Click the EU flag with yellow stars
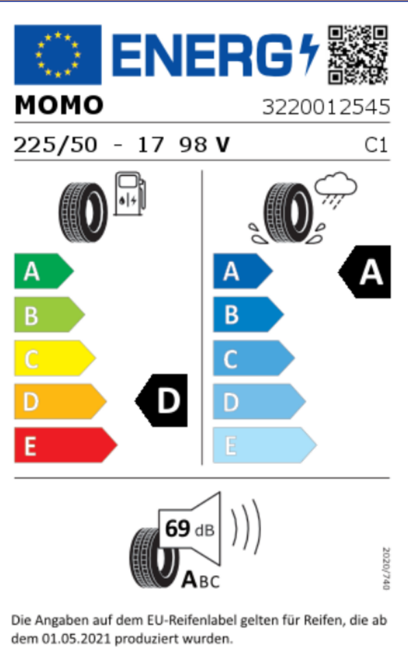(x=58, y=55)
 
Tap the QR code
(x=358, y=55)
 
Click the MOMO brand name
(x=59, y=105)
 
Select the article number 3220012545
(x=326, y=107)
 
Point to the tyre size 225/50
(x=56, y=145)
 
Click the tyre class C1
(x=376, y=145)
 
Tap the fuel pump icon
(x=130, y=193)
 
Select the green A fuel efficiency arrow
(x=44, y=271)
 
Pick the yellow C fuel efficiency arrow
(x=55, y=358)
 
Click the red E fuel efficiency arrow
(x=66, y=446)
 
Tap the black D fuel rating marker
(x=161, y=401)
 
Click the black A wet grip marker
(x=364, y=272)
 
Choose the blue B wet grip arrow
(x=248, y=315)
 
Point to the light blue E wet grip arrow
(x=265, y=446)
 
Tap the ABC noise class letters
(x=201, y=581)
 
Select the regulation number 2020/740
(x=386, y=568)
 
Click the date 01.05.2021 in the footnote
(x=76, y=639)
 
